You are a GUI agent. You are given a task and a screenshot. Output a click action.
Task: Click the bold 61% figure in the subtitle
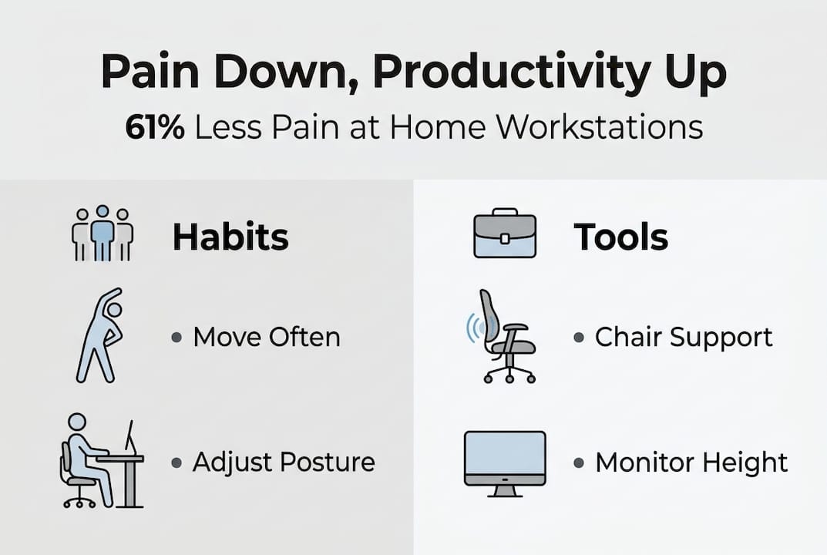(x=155, y=127)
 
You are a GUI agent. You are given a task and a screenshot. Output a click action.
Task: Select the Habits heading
(x=230, y=237)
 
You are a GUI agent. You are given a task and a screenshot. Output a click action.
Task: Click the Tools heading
(x=620, y=237)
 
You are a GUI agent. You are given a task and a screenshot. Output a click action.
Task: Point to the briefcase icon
(x=504, y=233)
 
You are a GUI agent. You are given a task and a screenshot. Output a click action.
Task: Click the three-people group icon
(x=103, y=234)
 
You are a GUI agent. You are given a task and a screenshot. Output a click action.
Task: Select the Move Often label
(x=266, y=337)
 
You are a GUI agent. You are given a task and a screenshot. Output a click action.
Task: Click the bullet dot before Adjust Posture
(x=176, y=463)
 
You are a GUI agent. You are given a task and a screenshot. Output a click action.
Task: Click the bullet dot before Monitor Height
(x=579, y=463)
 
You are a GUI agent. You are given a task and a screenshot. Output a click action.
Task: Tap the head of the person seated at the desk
(x=77, y=422)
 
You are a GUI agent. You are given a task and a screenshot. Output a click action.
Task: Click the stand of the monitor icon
(x=505, y=491)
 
